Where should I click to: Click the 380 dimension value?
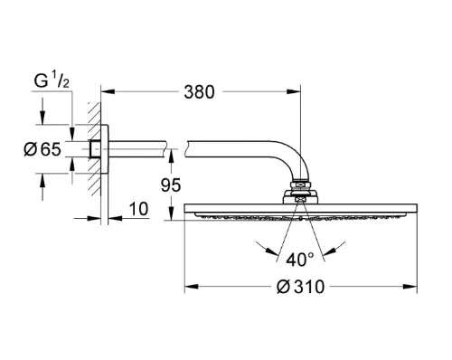[x=199, y=92]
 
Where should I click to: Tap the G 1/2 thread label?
[x=52, y=81]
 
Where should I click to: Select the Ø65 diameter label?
[x=42, y=149]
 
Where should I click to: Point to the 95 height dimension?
[x=171, y=185]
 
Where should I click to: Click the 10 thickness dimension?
[x=139, y=209]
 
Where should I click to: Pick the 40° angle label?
[x=300, y=260]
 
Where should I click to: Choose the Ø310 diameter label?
[x=300, y=287]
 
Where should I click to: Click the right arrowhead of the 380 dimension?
[x=294, y=91]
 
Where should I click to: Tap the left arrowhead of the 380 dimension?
[x=108, y=91]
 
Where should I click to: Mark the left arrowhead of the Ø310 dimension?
[x=192, y=286]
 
